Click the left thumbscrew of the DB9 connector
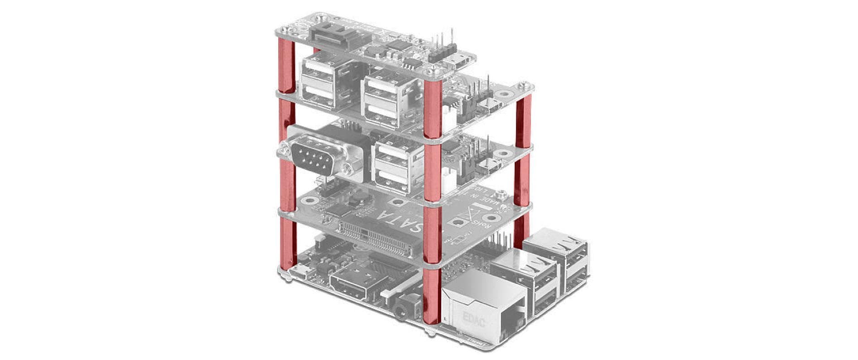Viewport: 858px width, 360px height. coord(285,147)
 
